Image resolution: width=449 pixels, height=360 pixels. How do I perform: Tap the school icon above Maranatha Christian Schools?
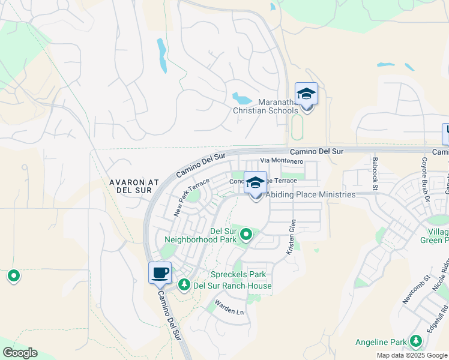(x=306, y=95)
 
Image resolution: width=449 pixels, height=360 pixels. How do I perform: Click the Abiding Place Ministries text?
(x=310, y=194)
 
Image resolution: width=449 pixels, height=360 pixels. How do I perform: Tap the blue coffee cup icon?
(x=160, y=274)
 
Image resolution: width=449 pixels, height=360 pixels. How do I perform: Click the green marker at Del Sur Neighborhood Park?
(x=246, y=235)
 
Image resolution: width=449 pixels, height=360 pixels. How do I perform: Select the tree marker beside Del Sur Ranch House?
(x=184, y=285)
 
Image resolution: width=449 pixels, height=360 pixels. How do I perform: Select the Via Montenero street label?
(x=282, y=161)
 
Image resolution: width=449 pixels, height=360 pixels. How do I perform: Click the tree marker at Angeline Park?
(x=415, y=342)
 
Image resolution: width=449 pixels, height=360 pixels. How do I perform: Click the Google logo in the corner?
(x=20, y=353)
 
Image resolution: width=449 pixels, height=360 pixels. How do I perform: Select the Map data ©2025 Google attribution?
(x=412, y=355)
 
